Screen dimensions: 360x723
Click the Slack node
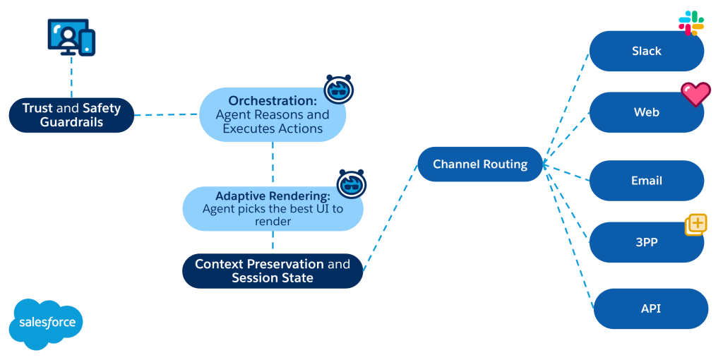click(x=646, y=52)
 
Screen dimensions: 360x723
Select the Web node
click(x=646, y=112)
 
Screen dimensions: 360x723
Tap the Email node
click(x=646, y=181)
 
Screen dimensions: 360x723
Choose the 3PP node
click(x=646, y=242)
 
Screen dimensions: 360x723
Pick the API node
click(x=650, y=308)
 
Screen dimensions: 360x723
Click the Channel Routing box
click(x=480, y=164)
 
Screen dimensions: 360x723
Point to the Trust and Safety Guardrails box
click(x=71, y=115)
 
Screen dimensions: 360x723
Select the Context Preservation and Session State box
click(x=273, y=271)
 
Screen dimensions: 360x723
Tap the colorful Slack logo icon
click(x=691, y=23)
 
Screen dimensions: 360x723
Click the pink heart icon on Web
click(x=695, y=94)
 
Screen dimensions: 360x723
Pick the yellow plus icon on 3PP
click(x=695, y=224)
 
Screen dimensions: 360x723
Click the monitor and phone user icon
click(x=71, y=37)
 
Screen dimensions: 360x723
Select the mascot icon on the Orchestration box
click(x=338, y=89)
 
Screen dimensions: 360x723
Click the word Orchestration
click(x=273, y=101)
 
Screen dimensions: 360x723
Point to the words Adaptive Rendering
click(x=273, y=196)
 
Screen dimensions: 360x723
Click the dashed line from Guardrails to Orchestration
click(x=166, y=114)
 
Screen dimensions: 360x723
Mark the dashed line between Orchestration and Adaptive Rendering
click(x=273, y=163)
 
